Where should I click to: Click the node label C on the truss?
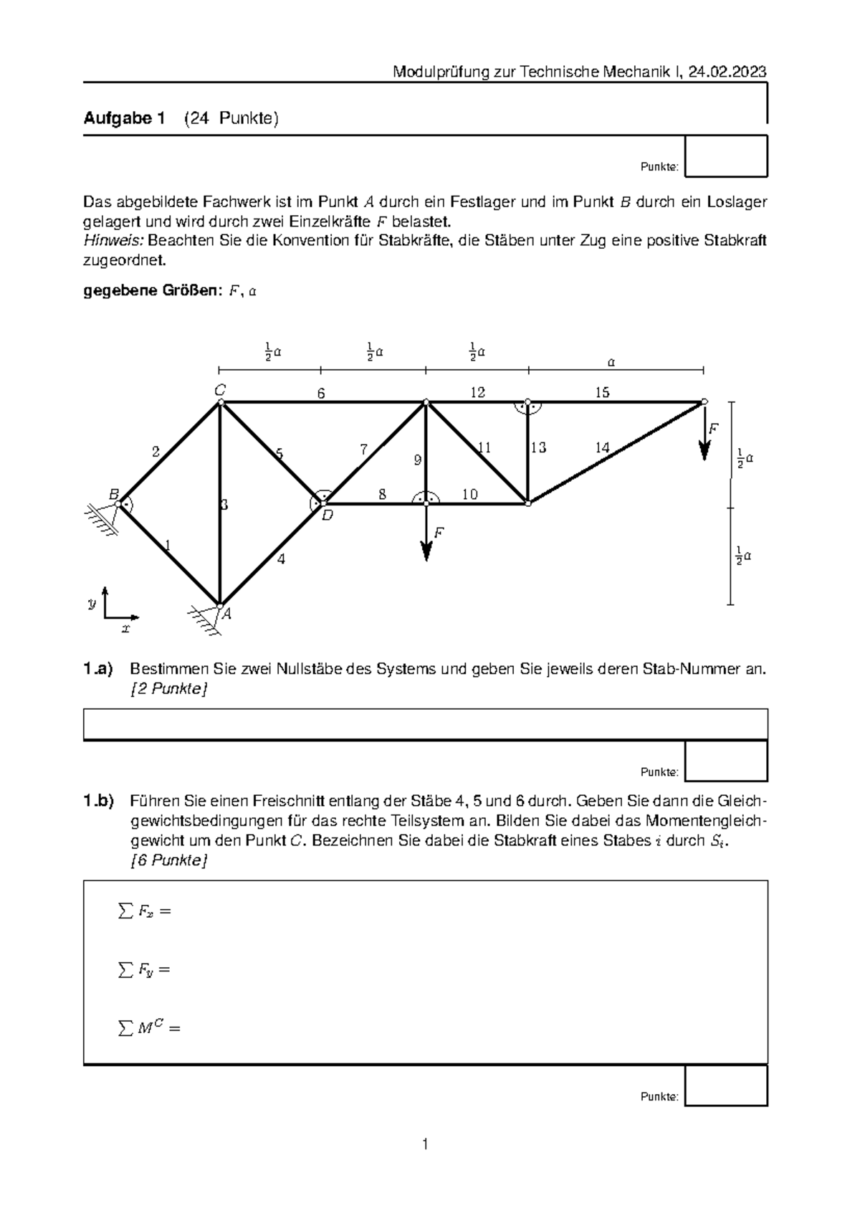(220, 390)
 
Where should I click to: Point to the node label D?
(327, 515)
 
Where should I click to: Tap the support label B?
(113, 494)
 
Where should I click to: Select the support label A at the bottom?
(226, 614)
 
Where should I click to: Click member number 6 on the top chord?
(321, 393)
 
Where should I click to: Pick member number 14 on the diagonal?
(602, 447)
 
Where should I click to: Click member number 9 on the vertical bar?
(418, 460)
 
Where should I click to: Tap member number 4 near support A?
(281, 559)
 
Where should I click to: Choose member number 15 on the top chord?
(602, 392)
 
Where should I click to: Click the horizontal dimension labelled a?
(611, 363)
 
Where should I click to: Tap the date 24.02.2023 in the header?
(727, 72)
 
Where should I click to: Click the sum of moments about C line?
(149, 1028)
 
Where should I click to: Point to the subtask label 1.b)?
(98, 801)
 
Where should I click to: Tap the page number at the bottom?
(425, 1144)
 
